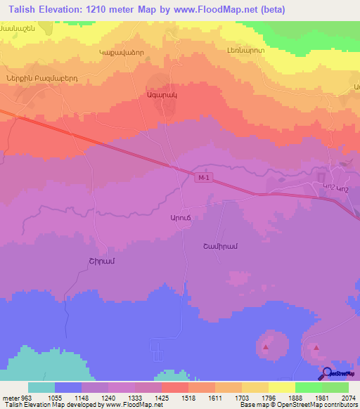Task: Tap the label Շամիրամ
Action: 217,246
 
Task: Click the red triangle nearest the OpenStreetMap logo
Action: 316,348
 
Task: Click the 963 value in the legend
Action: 27,397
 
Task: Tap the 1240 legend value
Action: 108,397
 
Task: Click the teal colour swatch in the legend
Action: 41,387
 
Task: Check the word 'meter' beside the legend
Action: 10,397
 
